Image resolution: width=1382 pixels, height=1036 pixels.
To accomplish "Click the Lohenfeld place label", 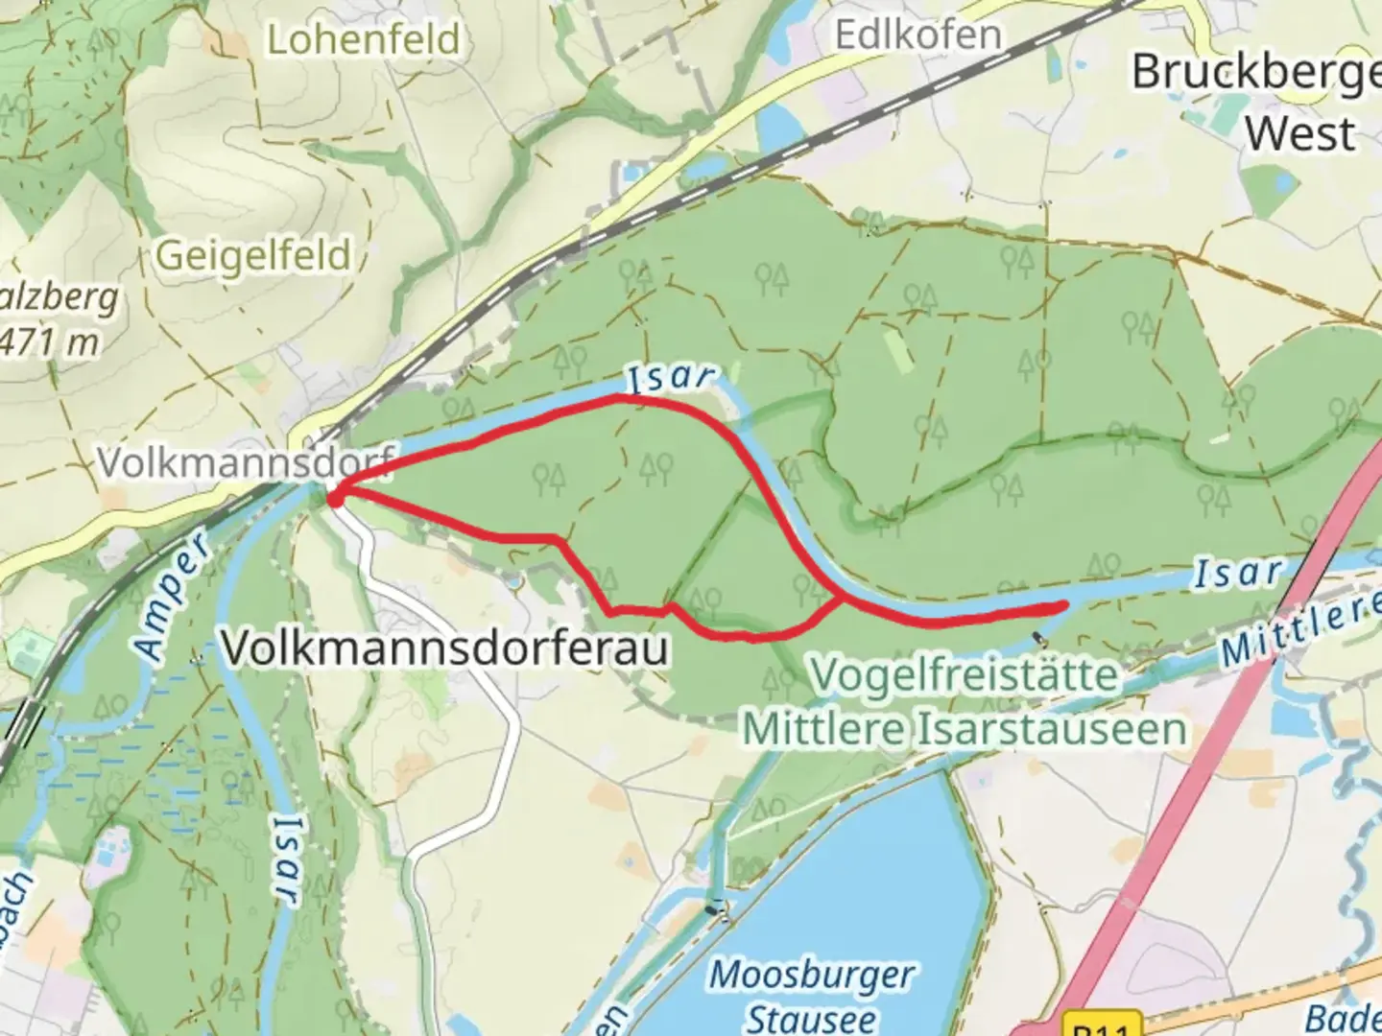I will (x=363, y=40).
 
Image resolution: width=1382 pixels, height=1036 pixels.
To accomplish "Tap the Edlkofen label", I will (x=917, y=35).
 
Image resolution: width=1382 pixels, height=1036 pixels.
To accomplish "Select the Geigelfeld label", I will (x=253, y=256).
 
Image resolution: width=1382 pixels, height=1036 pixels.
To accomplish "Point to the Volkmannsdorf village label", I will (x=246, y=462).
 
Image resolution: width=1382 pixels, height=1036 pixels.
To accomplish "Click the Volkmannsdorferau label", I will (x=445, y=649).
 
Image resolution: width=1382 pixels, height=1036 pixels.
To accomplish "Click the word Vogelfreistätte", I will (x=965, y=674).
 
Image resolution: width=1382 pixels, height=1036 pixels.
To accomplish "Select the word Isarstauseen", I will (x=1053, y=729).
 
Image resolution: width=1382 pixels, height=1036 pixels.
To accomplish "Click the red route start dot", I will (x=335, y=498).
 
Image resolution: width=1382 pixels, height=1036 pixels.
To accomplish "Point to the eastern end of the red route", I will (x=1063, y=605).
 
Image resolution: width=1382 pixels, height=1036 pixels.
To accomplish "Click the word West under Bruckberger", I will (x=1300, y=133).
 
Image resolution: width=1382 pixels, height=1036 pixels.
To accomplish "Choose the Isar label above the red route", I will (x=671, y=377).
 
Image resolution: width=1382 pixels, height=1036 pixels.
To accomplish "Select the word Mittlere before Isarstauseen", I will (x=825, y=729).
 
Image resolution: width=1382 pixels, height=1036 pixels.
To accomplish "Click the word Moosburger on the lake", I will (x=812, y=976).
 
